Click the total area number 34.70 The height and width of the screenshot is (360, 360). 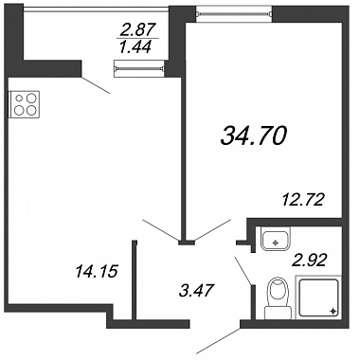click(x=254, y=135)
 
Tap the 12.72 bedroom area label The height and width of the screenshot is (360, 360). click(x=303, y=200)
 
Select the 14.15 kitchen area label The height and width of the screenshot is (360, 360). click(x=97, y=271)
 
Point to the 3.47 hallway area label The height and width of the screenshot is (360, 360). click(x=196, y=290)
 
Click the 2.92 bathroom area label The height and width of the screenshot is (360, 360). click(x=308, y=261)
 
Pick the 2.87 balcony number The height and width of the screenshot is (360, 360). click(x=138, y=30)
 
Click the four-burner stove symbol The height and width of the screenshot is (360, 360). click(x=24, y=104)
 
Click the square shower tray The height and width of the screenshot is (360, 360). click(x=318, y=297)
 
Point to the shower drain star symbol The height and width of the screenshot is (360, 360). click(x=333, y=312)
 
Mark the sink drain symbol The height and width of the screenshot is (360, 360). click(x=275, y=243)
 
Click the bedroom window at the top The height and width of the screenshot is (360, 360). click(x=234, y=13)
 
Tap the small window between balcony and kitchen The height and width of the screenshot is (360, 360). click(x=139, y=68)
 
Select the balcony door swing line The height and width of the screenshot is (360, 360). click(x=96, y=84)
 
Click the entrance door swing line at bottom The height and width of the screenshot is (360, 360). click(x=219, y=341)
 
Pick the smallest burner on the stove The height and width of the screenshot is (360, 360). click(x=19, y=99)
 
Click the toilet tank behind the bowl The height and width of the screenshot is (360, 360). click(x=278, y=313)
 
